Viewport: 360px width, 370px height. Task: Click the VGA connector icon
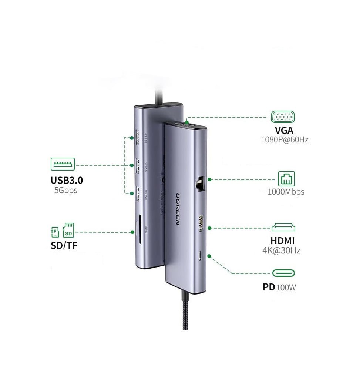(283, 117)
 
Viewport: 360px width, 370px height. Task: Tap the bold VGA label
(284, 130)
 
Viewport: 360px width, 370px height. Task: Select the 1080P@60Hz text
(284, 140)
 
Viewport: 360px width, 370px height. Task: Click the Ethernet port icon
(287, 179)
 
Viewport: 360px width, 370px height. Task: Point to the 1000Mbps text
(286, 192)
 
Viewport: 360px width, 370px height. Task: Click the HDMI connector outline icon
(284, 227)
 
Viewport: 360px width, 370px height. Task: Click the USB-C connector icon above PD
(284, 273)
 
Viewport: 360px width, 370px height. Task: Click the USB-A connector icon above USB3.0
(63, 164)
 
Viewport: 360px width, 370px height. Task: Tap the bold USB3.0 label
(67, 180)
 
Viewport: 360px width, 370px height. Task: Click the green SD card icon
(68, 230)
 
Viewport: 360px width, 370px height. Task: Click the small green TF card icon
(55, 232)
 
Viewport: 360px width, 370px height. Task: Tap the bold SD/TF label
(64, 245)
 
